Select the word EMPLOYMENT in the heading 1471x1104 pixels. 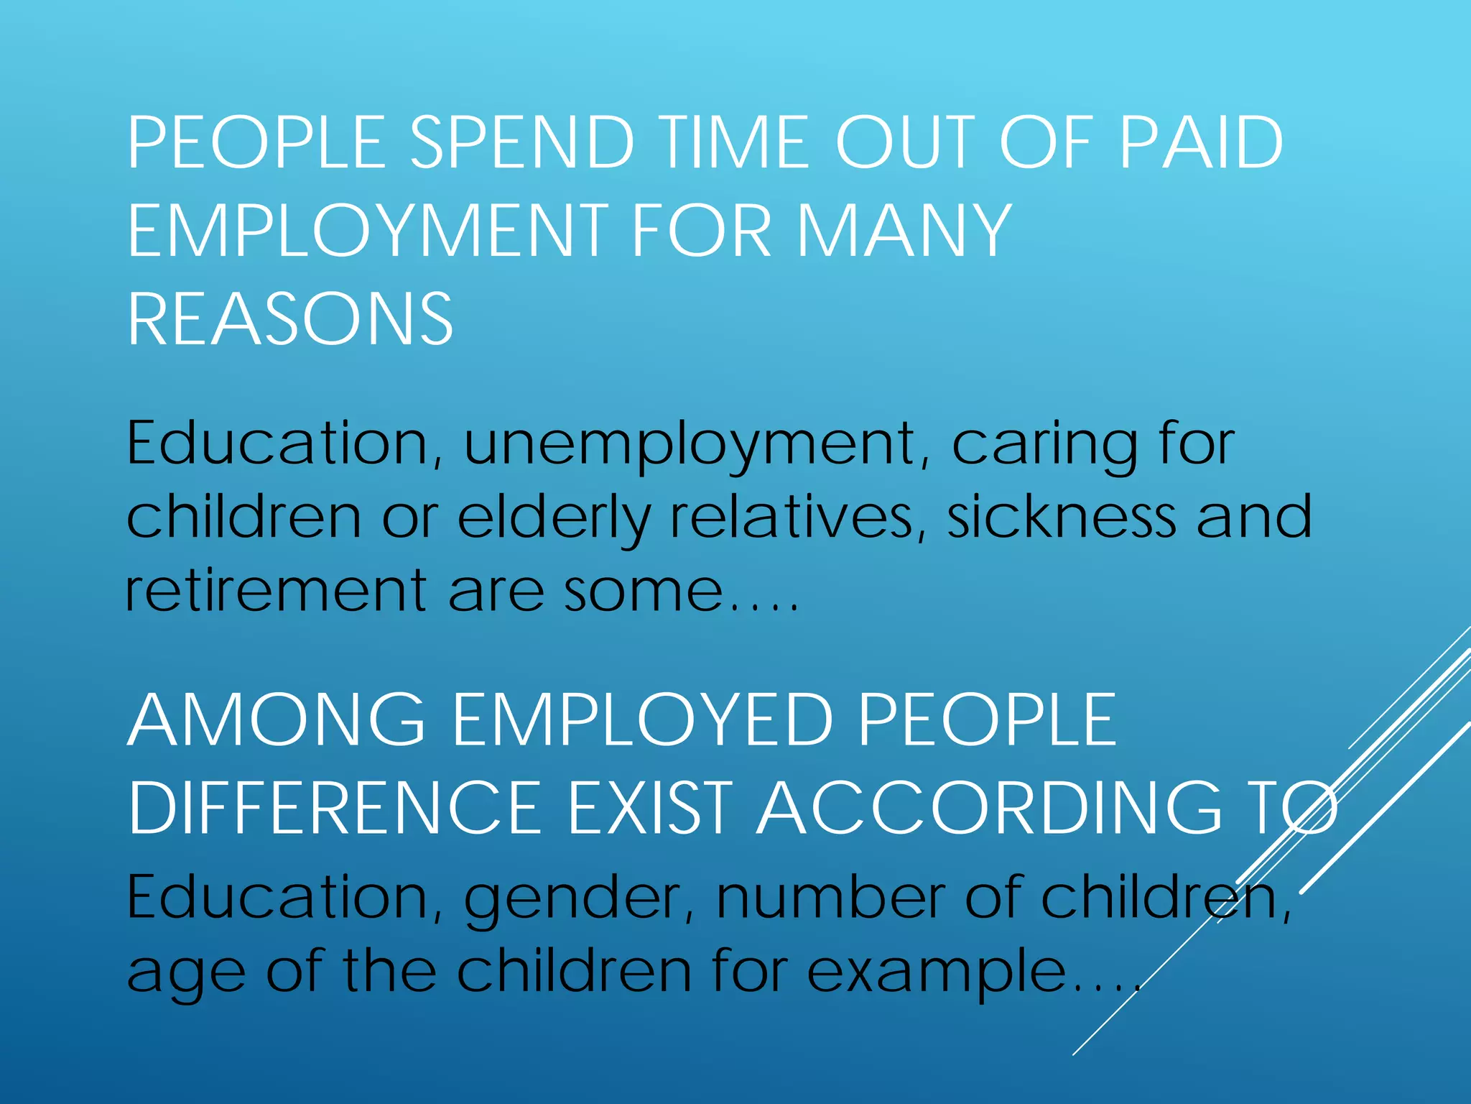coord(368,231)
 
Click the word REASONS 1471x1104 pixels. coord(290,319)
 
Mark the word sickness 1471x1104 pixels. coord(1062,517)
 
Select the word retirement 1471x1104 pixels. coord(277,591)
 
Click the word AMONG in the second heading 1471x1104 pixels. coord(277,720)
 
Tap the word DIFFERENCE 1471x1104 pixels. coord(335,808)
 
